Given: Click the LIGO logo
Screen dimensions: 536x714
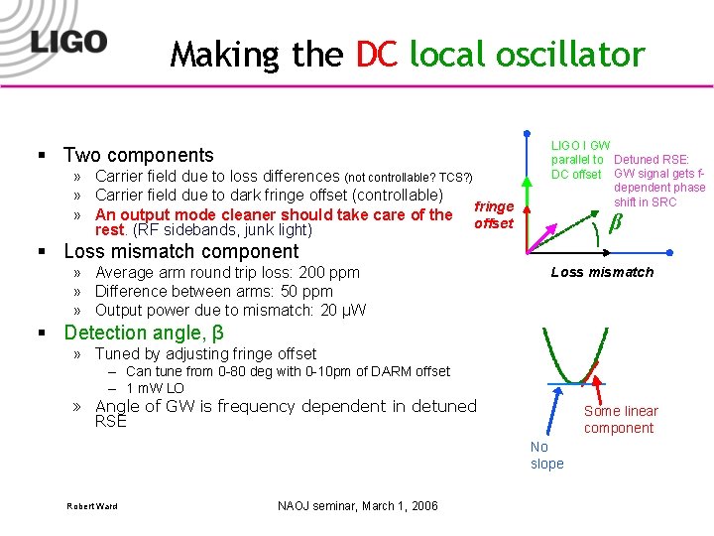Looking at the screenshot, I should (x=67, y=41).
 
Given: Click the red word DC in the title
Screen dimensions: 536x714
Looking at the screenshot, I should (x=376, y=54).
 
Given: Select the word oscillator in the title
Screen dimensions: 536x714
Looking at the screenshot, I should (x=565, y=54).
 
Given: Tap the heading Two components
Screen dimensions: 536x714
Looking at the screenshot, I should (x=138, y=155).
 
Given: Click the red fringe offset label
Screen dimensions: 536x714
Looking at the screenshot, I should (x=493, y=214).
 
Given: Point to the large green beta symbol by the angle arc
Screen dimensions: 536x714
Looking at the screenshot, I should (x=614, y=222).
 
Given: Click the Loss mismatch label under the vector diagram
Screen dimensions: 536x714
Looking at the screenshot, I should (x=602, y=272).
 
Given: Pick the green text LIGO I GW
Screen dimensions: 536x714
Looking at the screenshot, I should (x=580, y=146).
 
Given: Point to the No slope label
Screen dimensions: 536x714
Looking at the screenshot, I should (x=546, y=455).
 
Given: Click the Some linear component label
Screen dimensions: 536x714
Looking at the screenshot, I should (x=620, y=419).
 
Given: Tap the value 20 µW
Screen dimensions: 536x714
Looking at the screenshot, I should (x=342, y=310).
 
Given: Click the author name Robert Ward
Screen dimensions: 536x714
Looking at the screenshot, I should (x=91, y=506).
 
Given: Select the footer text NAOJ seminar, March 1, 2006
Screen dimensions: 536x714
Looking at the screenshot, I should (x=358, y=506).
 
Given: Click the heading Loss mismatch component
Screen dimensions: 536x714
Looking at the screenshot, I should (x=180, y=251).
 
